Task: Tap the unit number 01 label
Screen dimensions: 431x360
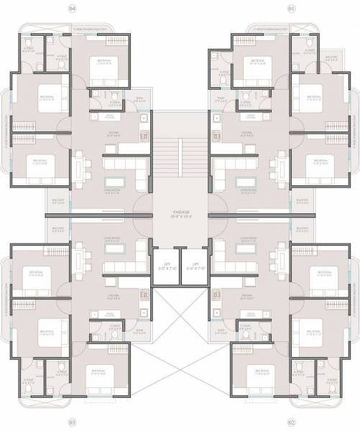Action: click(291, 9)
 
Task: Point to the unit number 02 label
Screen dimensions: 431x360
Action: click(291, 422)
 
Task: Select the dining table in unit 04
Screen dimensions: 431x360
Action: click(85, 170)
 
